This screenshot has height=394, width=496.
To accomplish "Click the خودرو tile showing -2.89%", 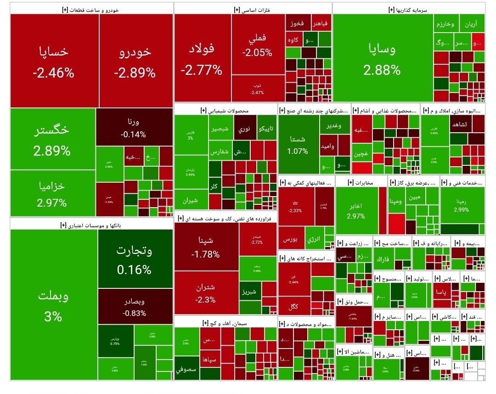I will point(136,61).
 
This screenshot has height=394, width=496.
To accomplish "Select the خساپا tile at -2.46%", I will point(53,61).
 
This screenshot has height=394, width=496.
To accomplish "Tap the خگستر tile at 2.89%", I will point(52,139).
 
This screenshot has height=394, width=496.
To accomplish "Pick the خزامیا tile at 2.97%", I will point(52,193).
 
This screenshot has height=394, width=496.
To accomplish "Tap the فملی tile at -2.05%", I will point(258,45).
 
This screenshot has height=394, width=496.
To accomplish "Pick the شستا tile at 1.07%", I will point(298,144).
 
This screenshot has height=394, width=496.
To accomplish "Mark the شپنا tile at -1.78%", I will point(206,247).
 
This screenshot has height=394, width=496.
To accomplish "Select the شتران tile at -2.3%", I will point(206,293).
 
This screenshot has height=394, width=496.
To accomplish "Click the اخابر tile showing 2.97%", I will point(357,211).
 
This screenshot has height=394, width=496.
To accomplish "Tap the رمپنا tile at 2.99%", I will point(462,205).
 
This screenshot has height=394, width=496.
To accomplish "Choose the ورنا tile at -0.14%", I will point(134,129).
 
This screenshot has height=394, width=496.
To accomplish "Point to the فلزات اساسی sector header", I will point(253,9).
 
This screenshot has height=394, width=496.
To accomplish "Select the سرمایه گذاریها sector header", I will point(409,9).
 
